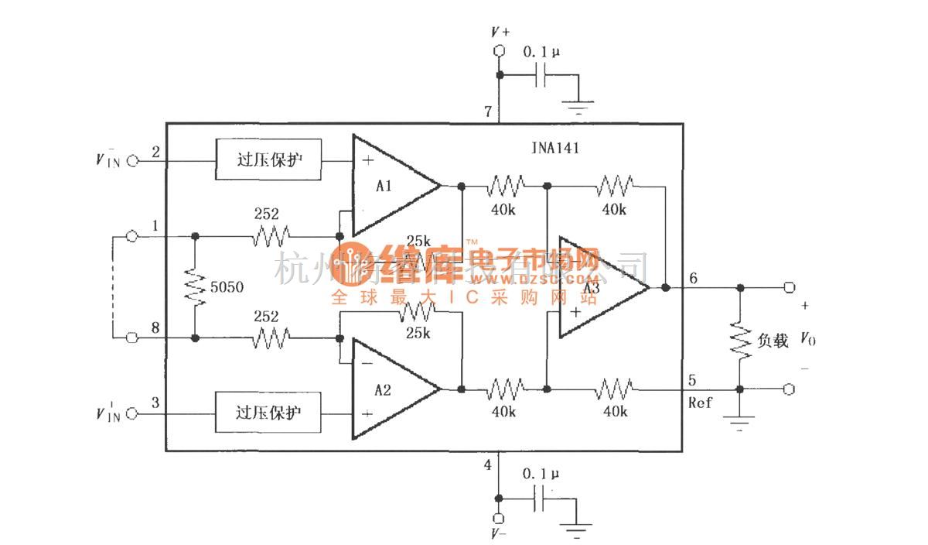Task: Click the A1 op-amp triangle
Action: coord(391,186)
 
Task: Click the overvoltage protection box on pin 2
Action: coord(268,160)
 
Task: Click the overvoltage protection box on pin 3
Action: coord(268,413)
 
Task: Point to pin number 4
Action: coord(487,464)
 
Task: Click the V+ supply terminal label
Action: coord(500,32)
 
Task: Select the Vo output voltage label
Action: coord(806,338)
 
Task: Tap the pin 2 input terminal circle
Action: coord(131,160)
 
